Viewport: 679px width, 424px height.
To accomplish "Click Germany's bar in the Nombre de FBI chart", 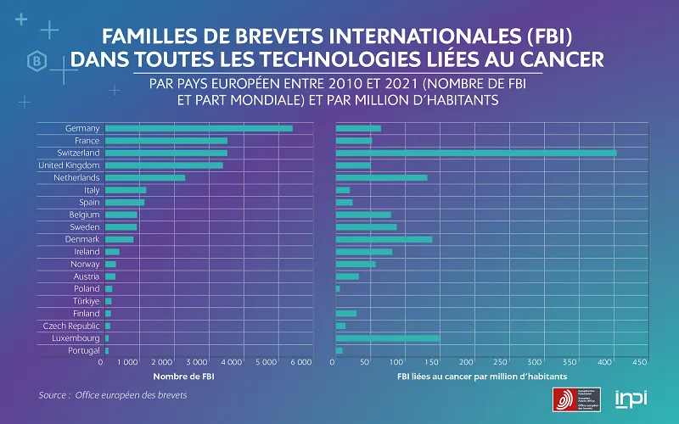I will tap(199, 128).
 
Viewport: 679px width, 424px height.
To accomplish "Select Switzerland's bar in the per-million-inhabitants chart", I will tap(476, 153).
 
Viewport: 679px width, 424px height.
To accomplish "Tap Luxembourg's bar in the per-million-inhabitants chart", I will tap(388, 338).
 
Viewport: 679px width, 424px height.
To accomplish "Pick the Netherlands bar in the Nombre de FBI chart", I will tap(145, 177).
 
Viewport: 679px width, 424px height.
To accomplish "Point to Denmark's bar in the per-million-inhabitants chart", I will tap(384, 239).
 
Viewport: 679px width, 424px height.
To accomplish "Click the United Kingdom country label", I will tap(70, 165).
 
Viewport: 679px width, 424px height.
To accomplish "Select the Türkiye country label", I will tap(86, 301).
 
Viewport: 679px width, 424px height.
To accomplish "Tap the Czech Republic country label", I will tap(71, 326).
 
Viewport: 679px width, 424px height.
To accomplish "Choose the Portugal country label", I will tap(83, 350).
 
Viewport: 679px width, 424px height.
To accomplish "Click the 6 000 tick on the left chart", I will tap(301, 362).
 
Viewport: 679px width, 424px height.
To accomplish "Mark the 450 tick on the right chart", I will tap(639, 362).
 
